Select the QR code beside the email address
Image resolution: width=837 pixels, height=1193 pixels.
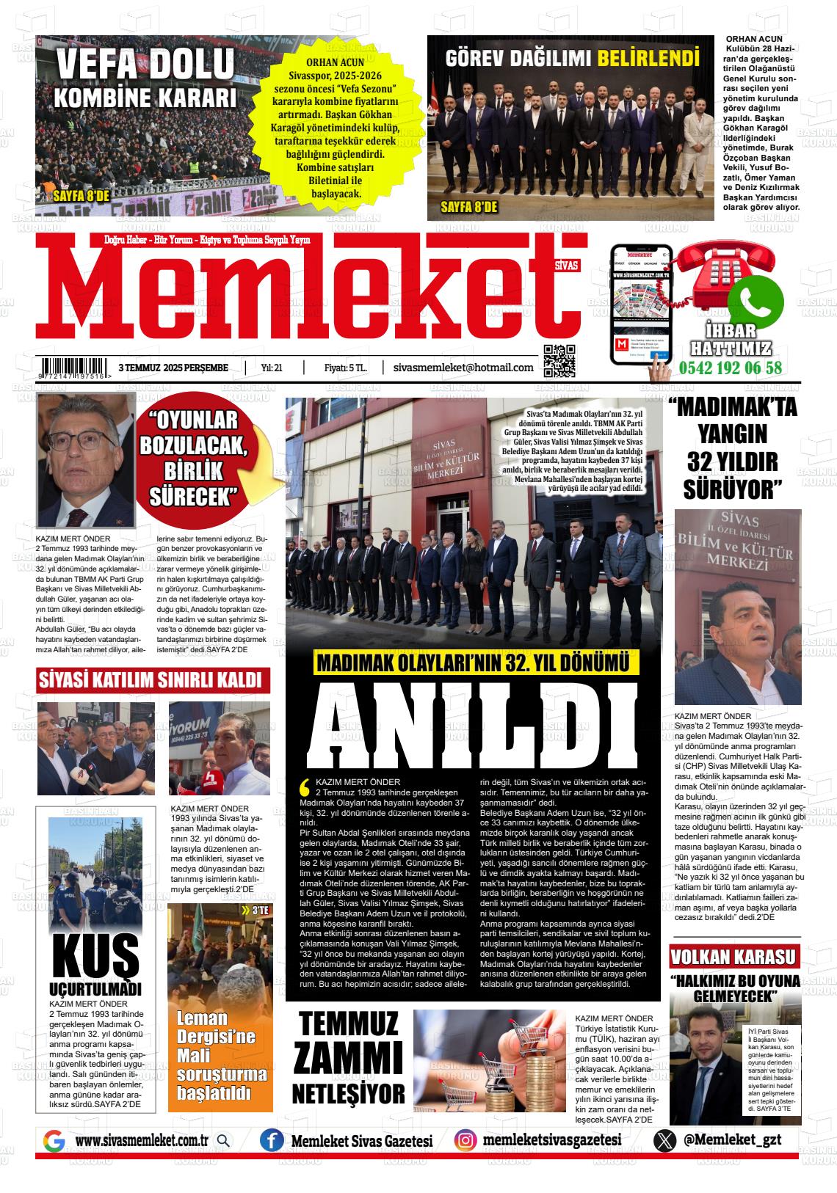coord(559,360)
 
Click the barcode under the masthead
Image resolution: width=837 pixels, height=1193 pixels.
coord(76,366)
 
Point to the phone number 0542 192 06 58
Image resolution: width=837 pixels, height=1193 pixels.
coord(731,368)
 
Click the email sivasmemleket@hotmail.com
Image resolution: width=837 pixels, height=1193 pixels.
coord(463,368)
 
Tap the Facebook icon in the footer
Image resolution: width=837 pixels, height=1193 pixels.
coord(272,1140)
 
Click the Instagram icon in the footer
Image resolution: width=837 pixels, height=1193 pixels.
coord(464,1140)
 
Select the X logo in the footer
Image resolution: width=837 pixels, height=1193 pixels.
coord(664,1140)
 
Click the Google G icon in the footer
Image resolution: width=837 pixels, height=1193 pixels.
coord(54,1141)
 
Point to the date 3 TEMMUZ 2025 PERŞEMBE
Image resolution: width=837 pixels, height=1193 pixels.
coord(173,368)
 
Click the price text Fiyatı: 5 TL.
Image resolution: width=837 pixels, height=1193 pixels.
coord(345,368)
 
